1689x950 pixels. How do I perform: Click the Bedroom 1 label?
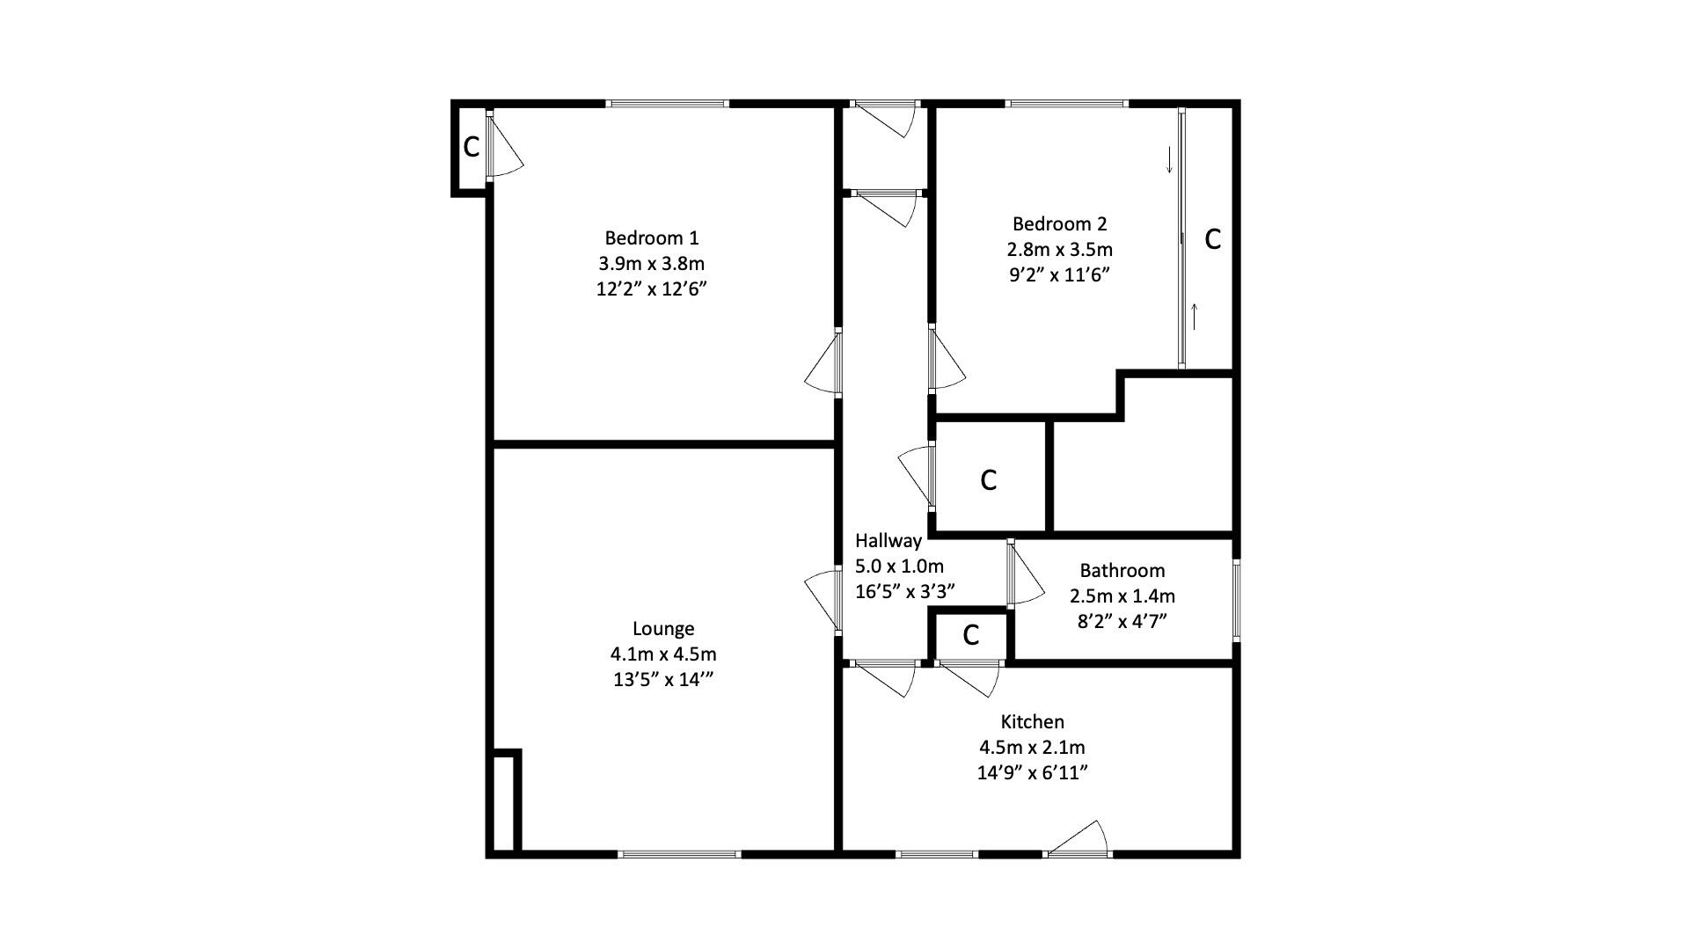tap(651, 237)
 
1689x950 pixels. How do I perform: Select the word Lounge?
tap(663, 628)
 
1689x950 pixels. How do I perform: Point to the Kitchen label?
tap(1032, 721)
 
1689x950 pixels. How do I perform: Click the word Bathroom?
tap(1122, 570)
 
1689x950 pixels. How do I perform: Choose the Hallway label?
tap(888, 540)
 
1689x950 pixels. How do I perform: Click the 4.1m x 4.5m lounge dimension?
tap(663, 654)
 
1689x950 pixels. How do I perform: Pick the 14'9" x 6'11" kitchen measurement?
tap(1033, 772)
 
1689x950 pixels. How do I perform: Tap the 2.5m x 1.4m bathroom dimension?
tap(1122, 596)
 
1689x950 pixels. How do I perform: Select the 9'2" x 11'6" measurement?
tap(1059, 274)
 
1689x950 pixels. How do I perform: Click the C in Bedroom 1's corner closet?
tap(472, 147)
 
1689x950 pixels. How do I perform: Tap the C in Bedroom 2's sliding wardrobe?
tap(1212, 238)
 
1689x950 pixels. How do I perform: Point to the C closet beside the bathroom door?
tap(970, 635)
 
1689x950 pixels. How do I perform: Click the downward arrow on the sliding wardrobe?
tap(1169, 160)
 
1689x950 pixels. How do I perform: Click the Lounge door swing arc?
tap(820, 598)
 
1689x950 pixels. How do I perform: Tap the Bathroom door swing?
tap(1027, 576)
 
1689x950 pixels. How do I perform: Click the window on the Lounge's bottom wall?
tap(678, 853)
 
